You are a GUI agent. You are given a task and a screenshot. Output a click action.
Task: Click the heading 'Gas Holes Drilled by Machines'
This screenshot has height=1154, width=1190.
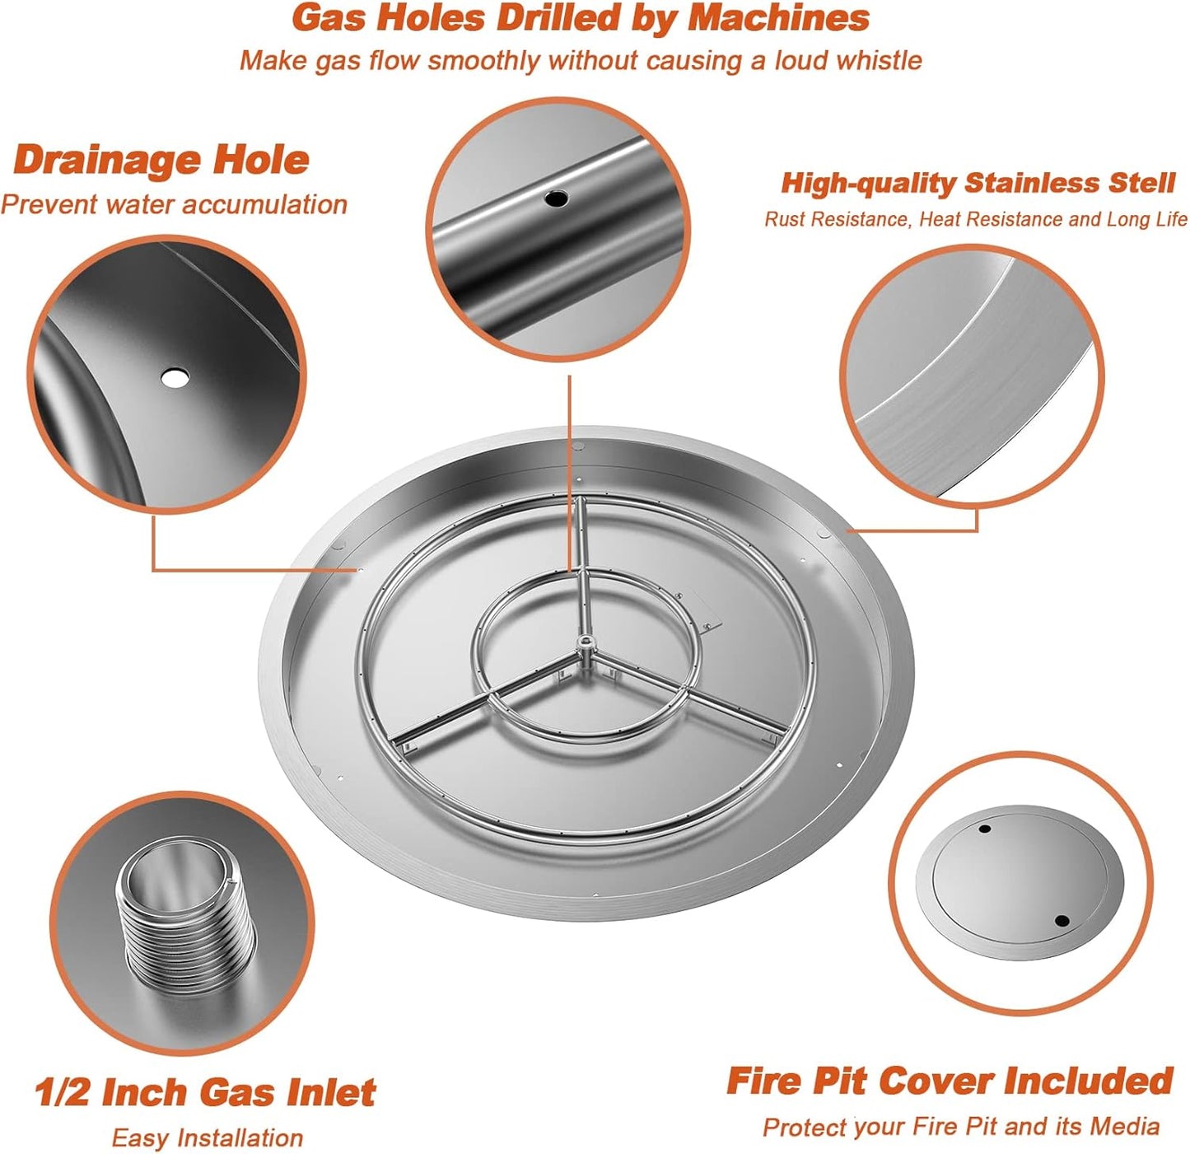coord(580,18)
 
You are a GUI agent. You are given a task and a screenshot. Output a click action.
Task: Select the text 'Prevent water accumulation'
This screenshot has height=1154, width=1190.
coord(174,204)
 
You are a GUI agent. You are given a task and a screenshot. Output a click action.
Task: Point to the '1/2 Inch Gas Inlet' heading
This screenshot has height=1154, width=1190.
coord(204,1092)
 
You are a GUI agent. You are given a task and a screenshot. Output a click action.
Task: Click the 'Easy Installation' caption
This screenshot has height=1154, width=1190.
coord(207,1138)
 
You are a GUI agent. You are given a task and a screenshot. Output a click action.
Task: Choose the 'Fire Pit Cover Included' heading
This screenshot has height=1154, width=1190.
coord(949,1081)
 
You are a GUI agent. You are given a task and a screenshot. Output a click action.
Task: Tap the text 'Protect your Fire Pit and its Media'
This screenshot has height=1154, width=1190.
coord(960,1127)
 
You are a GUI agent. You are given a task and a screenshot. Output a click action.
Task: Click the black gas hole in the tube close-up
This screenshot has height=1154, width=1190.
coord(557,198)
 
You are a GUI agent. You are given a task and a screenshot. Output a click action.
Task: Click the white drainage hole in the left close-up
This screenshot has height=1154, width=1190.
coord(175,378)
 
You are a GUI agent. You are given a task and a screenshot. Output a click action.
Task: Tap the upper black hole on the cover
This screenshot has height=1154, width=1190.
coord(984,829)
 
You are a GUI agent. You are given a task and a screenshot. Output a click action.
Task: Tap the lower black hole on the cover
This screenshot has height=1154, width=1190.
coord(1061,921)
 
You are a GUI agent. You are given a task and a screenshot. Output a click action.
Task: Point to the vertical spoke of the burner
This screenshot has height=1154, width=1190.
coord(580,568)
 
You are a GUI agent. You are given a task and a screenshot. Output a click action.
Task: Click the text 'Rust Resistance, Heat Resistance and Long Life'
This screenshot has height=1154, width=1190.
coord(975,219)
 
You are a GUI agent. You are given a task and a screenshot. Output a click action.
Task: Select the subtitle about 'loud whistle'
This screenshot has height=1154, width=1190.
coord(580,61)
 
